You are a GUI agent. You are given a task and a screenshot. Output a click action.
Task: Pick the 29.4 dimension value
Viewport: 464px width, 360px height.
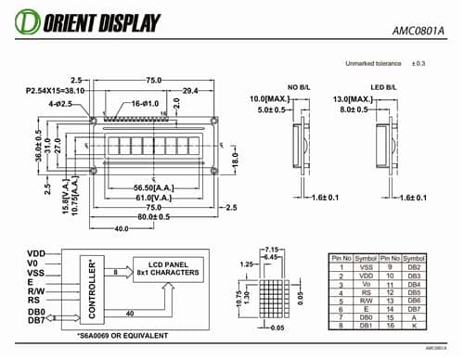(189, 91)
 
